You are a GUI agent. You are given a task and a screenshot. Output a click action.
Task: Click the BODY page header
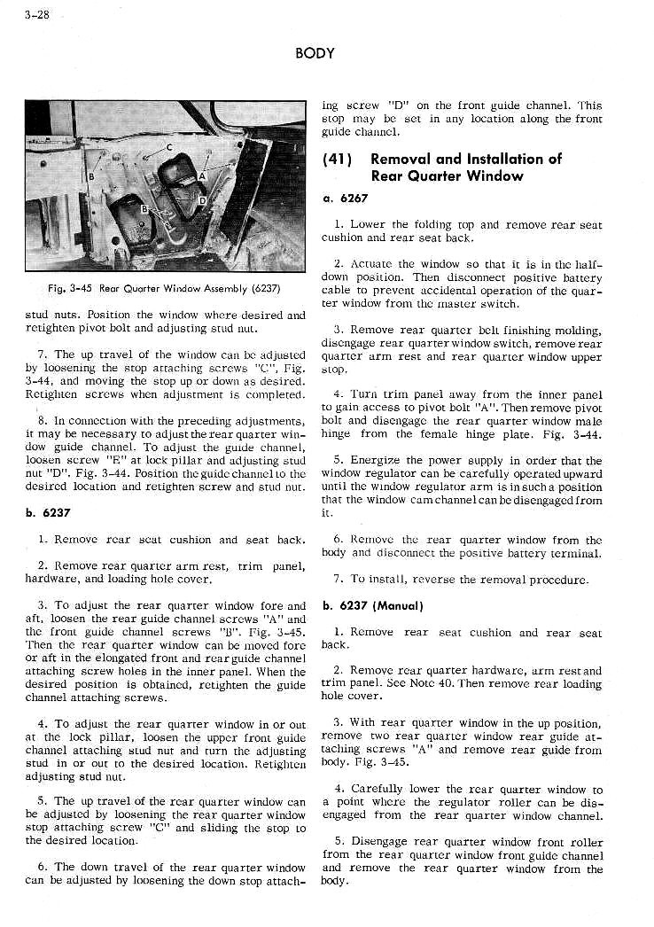coord(315,53)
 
